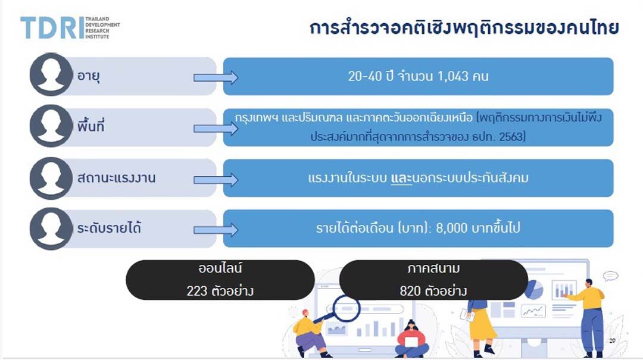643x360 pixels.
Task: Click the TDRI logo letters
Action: [x=52, y=28]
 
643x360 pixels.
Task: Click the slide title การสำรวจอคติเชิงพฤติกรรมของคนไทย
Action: [x=464, y=28]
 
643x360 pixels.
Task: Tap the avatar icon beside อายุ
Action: [x=51, y=74]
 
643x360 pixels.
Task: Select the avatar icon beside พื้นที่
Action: [x=51, y=126]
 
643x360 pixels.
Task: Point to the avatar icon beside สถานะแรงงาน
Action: [x=51, y=179]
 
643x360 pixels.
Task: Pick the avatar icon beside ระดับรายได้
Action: [x=51, y=228]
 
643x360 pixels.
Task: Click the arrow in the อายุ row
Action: [x=216, y=77]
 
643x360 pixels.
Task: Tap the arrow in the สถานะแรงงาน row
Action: [x=216, y=180]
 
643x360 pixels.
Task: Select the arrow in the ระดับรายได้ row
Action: [x=216, y=230]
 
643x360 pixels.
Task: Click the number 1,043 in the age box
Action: [x=452, y=76]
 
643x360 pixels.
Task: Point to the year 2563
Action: [x=510, y=136]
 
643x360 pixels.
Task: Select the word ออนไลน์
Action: [x=220, y=268]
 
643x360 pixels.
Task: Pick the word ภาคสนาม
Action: [x=433, y=268]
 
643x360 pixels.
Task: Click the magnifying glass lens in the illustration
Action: [x=347, y=308]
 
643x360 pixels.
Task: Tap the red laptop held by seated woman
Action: [x=411, y=341]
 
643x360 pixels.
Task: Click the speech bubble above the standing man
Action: [x=611, y=276]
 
